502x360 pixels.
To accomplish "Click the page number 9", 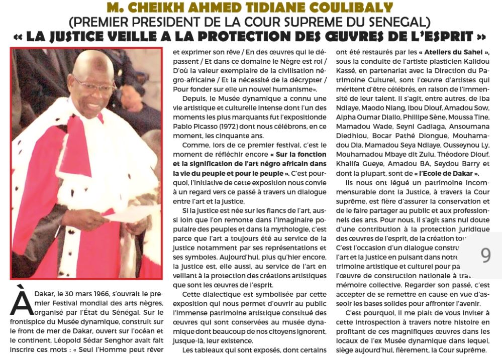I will [485, 256].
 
